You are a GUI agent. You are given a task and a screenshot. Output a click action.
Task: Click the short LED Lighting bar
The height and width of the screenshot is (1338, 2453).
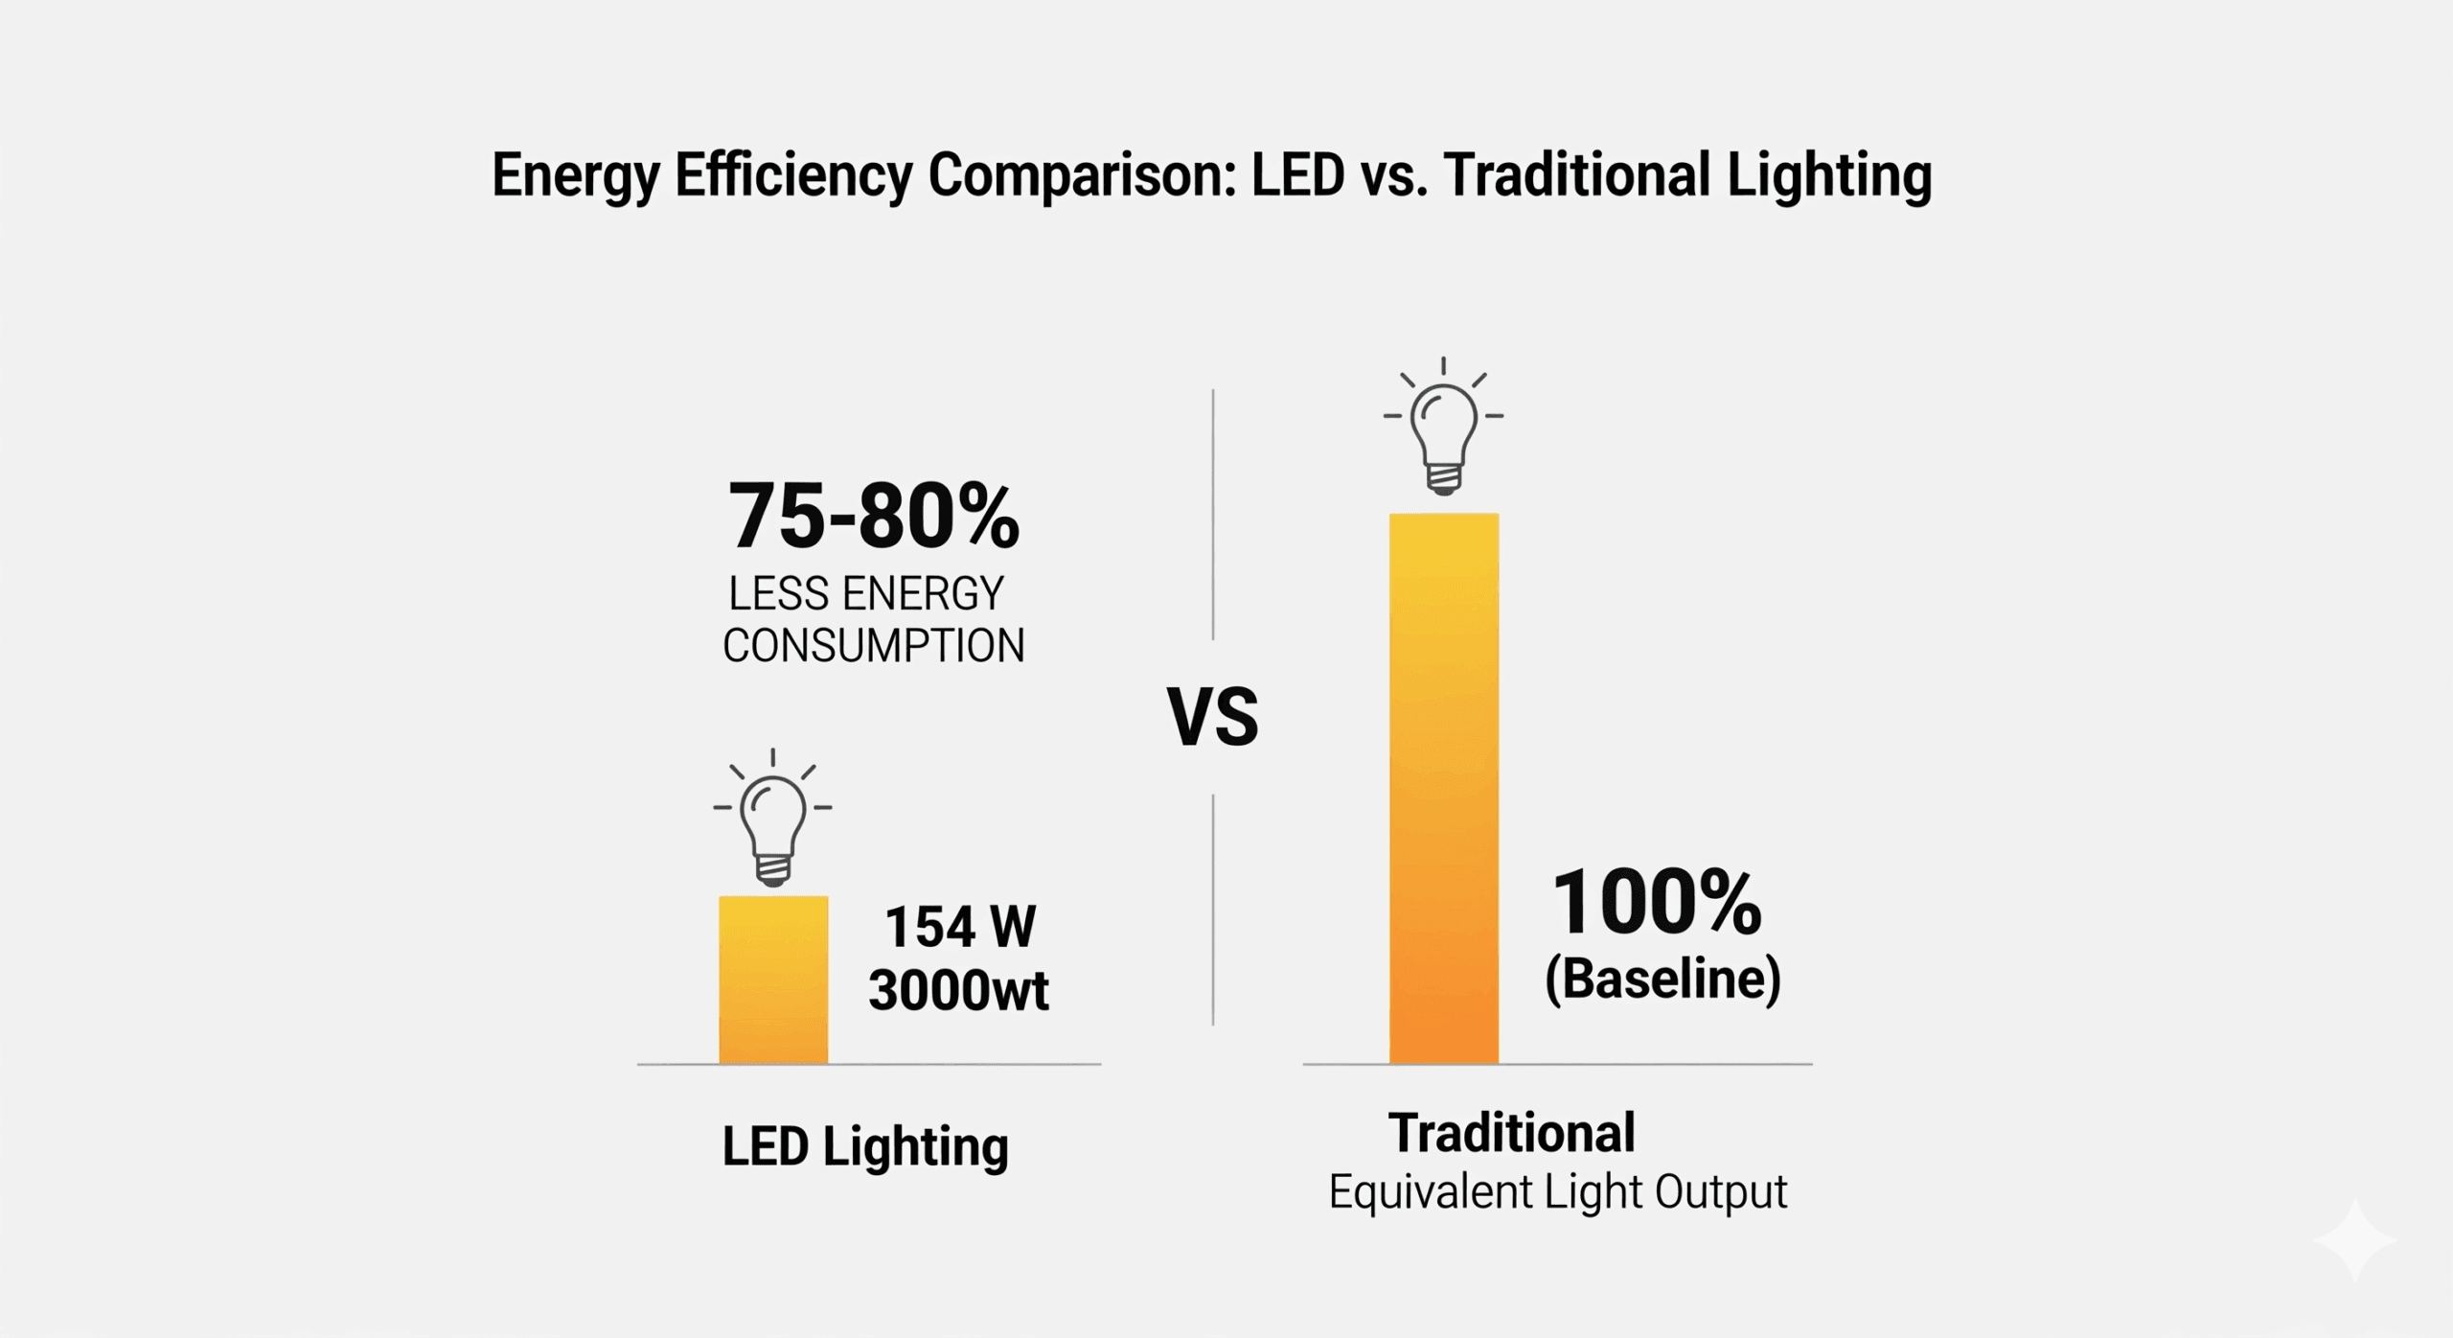coord(773,979)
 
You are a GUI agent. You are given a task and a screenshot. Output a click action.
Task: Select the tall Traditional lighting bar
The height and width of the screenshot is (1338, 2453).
coord(1443,788)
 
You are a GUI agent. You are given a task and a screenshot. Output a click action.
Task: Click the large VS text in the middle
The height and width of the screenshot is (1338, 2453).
coord(1212,717)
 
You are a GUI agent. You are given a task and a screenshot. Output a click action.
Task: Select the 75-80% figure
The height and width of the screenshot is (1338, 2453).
coord(873,518)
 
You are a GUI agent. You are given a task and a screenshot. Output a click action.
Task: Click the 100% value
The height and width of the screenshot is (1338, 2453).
coord(1656,903)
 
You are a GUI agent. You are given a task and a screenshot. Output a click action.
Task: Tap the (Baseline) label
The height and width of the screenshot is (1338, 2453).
coord(1662,980)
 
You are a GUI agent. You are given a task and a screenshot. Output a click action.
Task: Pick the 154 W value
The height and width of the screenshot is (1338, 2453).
coord(960,928)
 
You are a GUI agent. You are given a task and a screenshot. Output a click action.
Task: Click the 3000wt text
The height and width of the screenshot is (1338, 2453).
coord(958,990)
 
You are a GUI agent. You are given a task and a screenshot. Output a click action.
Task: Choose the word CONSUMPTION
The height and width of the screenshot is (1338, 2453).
coord(873,646)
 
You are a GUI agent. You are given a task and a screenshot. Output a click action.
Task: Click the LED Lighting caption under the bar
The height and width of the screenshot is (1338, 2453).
coord(864,1147)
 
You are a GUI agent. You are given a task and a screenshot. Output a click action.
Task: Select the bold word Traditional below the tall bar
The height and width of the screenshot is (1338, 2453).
coord(1511,1133)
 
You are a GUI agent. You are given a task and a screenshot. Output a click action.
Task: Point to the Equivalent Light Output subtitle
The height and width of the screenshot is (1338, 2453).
coord(1557,1192)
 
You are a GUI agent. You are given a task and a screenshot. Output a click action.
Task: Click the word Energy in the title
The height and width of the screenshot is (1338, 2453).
coord(576,176)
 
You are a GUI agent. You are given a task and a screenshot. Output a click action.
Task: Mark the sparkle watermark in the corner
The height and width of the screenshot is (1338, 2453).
coord(2354,1240)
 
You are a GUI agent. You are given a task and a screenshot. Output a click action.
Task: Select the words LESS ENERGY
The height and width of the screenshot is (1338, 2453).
coord(866,594)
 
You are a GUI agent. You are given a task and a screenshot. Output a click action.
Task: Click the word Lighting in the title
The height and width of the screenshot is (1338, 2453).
coord(1828,176)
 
